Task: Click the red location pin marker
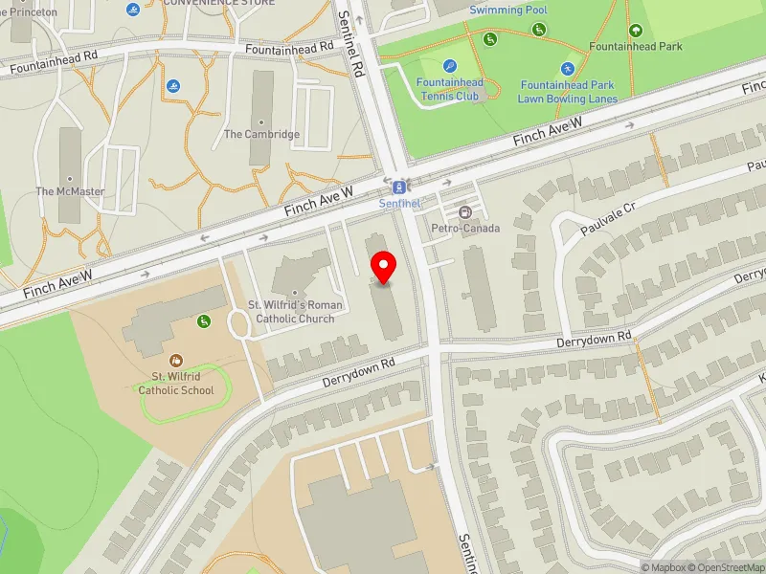point(384,266)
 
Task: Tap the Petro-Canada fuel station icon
point(465,211)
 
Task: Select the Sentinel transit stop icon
point(399,186)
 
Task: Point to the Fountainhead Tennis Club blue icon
point(450,65)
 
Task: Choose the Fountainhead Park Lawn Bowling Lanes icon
point(568,68)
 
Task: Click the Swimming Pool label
point(508,10)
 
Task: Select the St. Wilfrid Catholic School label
point(175,383)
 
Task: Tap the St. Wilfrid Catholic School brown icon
point(175,360)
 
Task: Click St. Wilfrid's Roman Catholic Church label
point(292,312)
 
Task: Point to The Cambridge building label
point(261,135)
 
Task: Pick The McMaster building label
point(70,191)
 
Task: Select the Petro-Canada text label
point(465,229)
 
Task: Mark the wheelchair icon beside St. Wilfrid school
point(205,321)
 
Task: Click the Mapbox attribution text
point(660,567)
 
